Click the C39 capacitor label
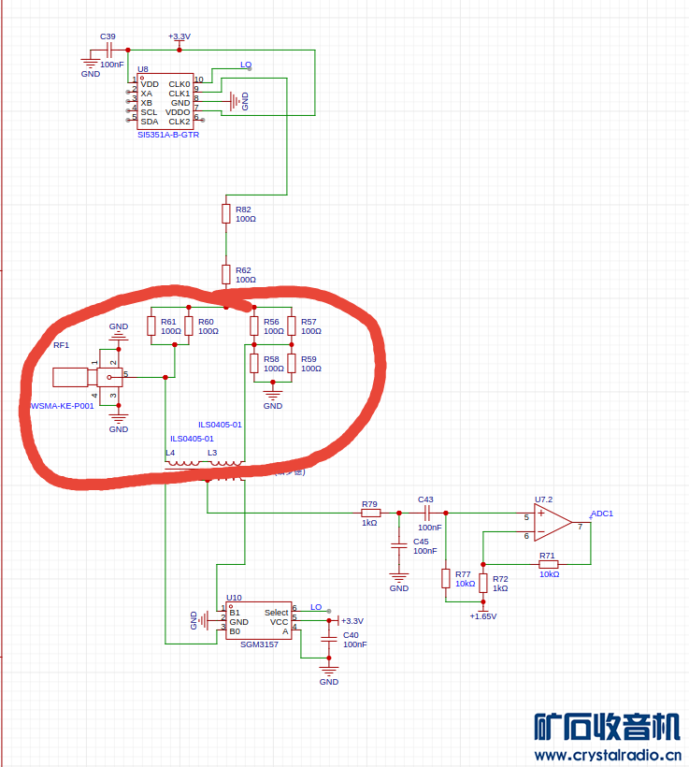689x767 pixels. point(108,36)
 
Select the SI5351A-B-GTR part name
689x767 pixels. point(167,135)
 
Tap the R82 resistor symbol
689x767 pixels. point(225,213)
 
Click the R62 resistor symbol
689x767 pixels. point(225,273)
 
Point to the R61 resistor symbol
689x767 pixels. point(151,326)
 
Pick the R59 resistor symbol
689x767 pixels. point(292,363)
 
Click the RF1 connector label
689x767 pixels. point(61,345)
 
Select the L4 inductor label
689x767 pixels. point(170,453)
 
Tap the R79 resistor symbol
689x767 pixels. point(370,513)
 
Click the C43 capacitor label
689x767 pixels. point(425,499)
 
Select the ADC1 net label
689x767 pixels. point(602,514)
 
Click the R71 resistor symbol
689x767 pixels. point(548,565)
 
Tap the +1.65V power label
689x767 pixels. point(483,616)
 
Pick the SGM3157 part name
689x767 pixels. point(259,644)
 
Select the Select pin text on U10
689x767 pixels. point(276,613)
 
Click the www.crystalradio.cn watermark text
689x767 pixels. point(607,755)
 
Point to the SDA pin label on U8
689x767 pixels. point(150,122)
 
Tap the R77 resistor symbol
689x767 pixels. point(446,578)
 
